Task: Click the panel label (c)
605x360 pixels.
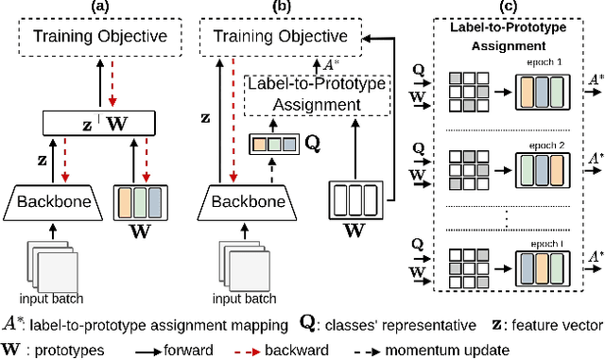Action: coord(507,8)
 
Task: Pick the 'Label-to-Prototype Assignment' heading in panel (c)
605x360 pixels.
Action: coord(508,36)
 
